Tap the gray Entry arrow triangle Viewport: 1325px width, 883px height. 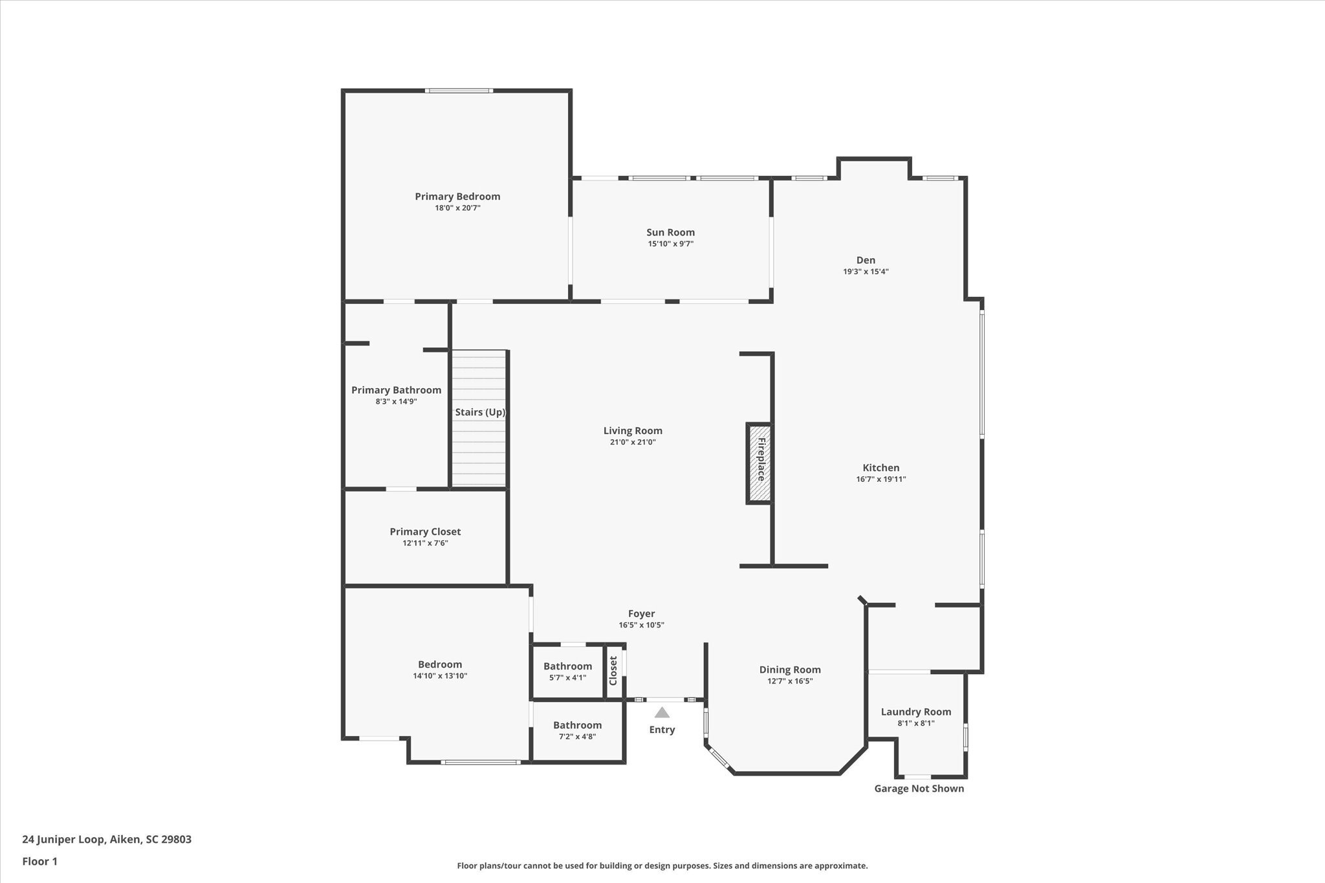661,712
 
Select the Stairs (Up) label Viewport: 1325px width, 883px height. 479,412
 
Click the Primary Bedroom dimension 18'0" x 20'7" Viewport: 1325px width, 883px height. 457,208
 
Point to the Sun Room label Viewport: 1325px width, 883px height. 670,232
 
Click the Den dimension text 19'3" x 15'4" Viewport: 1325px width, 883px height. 865,272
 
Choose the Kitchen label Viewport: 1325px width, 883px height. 881,468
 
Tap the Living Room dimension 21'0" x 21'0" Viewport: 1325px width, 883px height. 633,442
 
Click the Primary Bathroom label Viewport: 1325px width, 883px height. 396,390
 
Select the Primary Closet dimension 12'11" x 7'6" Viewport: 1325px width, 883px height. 425,543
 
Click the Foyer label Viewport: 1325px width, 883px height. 641,614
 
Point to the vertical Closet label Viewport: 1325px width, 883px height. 613,671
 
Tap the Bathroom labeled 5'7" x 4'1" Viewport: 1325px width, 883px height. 567,666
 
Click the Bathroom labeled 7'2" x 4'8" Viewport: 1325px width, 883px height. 577,725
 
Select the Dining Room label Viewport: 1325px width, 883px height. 789,670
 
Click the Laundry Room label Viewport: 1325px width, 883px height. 915,712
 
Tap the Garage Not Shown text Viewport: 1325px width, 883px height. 919,789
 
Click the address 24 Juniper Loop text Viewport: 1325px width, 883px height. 107,840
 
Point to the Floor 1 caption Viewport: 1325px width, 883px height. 39,862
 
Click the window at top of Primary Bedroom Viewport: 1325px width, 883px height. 459,91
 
